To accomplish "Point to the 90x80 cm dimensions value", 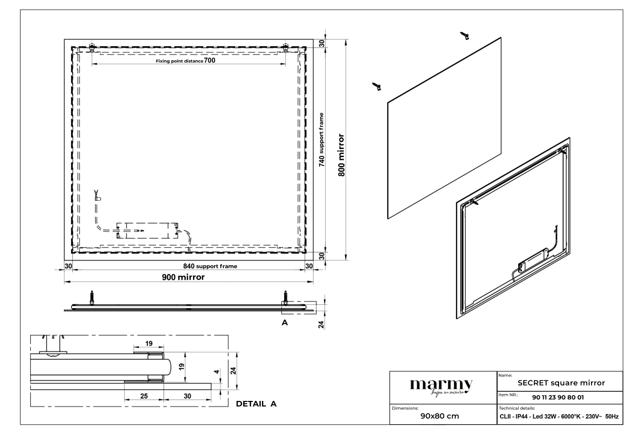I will click(x=439, y=415).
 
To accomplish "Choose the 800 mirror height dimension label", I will click(x=341, y=155).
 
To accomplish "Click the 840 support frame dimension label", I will click(x=210, y=266).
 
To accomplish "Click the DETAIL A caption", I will click(x=256, y=404).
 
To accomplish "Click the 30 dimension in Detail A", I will click(x=187, y=395).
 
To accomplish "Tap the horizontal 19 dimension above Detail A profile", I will click(x=148, y=343).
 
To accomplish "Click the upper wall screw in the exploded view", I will click(x=465, y=36).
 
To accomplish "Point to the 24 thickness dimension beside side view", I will click(x=321, y=325).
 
